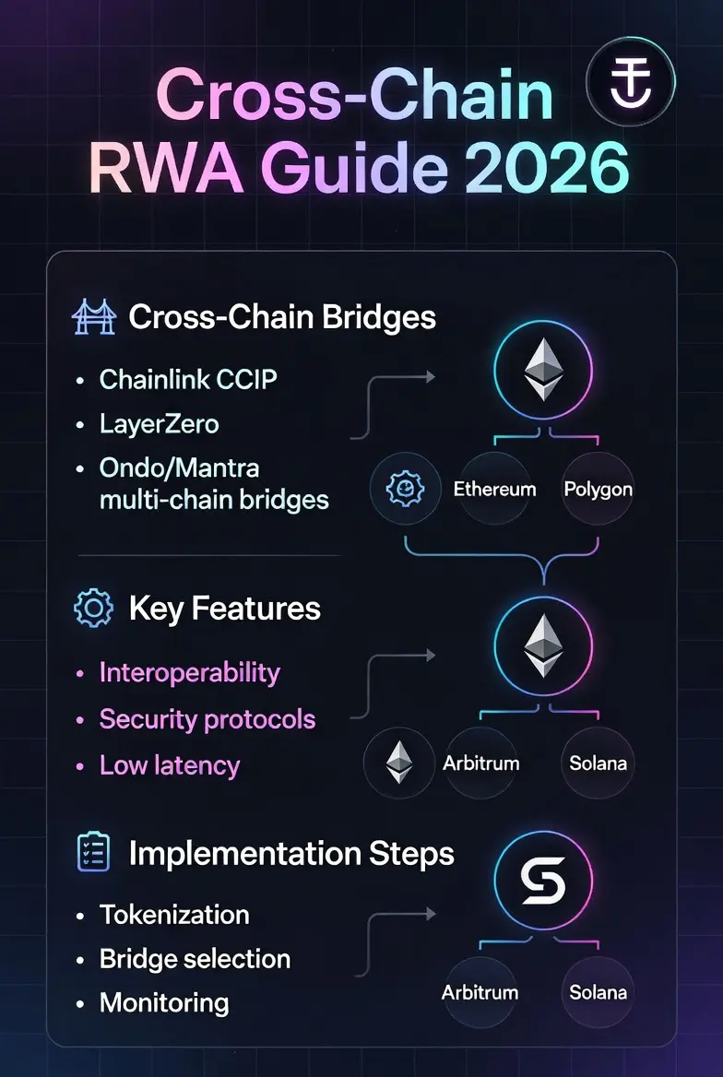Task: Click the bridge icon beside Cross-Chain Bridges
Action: pyautogui.click(x=93, y=316)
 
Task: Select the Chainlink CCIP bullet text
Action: pyautogui.click(x=188, y=379)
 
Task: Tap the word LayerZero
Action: pyautogui.click(x=160, y=424)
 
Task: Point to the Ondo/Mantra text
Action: pyautogui.click(x=180, y=467)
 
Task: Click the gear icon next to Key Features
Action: pyautogui.click(x=93, y=608)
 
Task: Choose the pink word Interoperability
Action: pyautogui.click(x=190, y=673)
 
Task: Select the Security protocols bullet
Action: pyautogui.click(x=207, y=719)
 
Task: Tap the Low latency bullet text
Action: pyautogui.click(x=170, y=765)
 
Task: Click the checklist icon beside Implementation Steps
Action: pyautogui.click(x=93, y=852)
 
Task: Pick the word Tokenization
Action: pyautogui.click(x=174, y=915)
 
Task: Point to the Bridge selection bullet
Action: pyautogui.click(x=196, y=959)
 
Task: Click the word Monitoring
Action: pyautogui.click(x=164, y=1003)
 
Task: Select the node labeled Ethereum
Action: pyautogui.click(x=495, y=489)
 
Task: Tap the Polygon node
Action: pyautogui.click(x=598, y=489)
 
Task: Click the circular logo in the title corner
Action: pyautogui.click(x=631, y=82)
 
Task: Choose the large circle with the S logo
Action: pyautogui.click(x=543, y=881)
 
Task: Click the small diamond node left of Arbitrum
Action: pyautogui.click(x=399, y=763)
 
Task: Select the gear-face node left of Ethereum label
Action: pyautogui.click(x=406, y=489)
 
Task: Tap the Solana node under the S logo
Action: pyautogui.click(x=598, y=992)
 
